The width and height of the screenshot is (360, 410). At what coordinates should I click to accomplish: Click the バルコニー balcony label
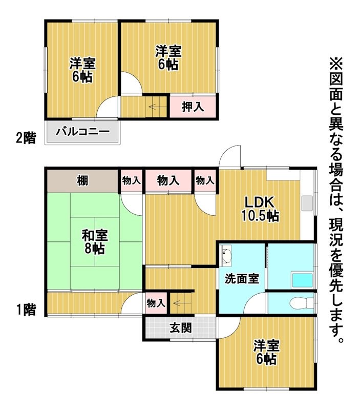click(83, 132)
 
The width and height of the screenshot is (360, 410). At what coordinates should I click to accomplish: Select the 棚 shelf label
click(82, 180)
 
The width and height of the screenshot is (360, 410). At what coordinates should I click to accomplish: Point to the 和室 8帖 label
click(95, 242)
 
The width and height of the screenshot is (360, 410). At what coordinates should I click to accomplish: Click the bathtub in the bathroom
click(302, 280)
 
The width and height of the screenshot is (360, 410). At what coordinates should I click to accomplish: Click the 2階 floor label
click(26, 137)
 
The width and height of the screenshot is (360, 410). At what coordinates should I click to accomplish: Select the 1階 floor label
click(26, 310)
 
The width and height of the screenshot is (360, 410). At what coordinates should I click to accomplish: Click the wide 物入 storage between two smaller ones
click(168, 180)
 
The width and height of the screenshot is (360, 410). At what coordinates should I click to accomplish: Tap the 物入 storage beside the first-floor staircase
click(155, 303)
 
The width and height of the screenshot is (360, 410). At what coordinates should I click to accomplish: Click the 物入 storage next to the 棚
click(131, 180)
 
